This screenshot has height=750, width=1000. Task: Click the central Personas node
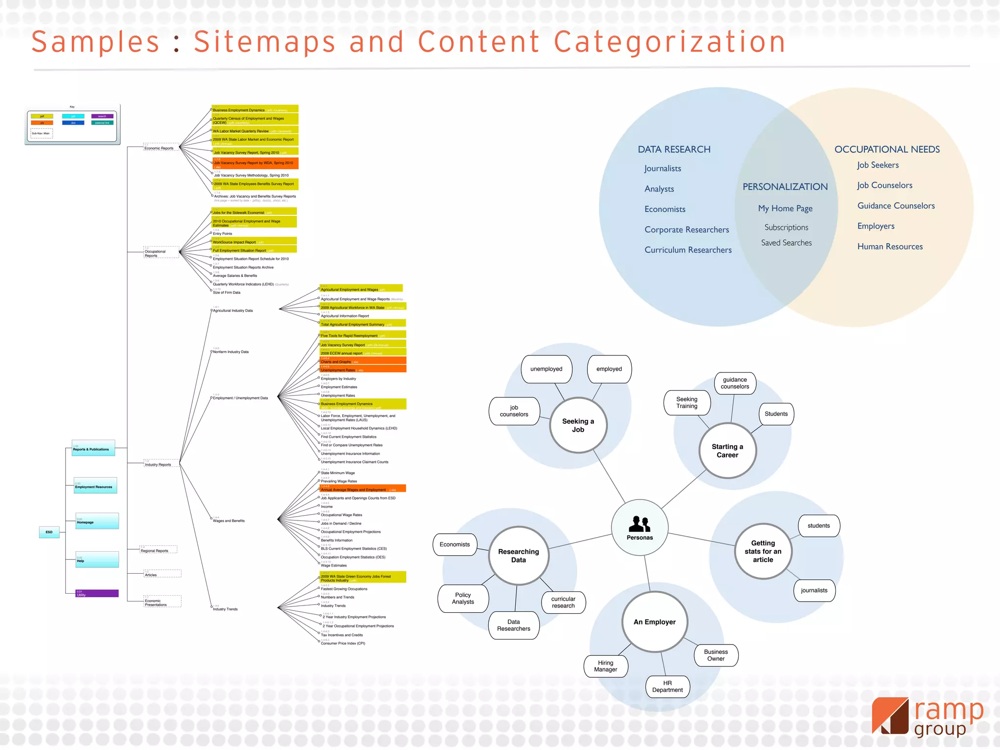tap(640, 527)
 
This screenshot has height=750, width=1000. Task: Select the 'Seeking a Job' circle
tap(578, 425)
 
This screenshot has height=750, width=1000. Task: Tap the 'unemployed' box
tap(546, 369)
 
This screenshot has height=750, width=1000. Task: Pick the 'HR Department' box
tap(667, 687)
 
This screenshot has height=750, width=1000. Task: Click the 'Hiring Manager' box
tap(605, 666)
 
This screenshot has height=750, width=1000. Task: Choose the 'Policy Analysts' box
tap(463, 598)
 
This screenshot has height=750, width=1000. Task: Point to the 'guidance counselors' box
tap(735, 383)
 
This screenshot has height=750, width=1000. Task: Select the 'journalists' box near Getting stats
tap(814, 590)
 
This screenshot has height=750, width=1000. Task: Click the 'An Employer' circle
tap(655, 622)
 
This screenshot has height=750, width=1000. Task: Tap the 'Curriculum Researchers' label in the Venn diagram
tap(688, 250)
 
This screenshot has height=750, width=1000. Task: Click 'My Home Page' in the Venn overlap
tap(785, 208)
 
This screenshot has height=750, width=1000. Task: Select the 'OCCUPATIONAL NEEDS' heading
tap(887, 149)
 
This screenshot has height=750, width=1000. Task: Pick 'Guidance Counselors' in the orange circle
tap(896, 206)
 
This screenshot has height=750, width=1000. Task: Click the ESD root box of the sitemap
tap(49, 532)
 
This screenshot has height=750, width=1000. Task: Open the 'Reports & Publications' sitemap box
tap(93, 448)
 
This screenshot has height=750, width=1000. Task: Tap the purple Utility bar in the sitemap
tap(97, 593)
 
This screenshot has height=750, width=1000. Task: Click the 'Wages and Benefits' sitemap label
tap(229, 521)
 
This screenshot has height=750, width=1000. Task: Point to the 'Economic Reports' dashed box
tap(160, 147)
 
